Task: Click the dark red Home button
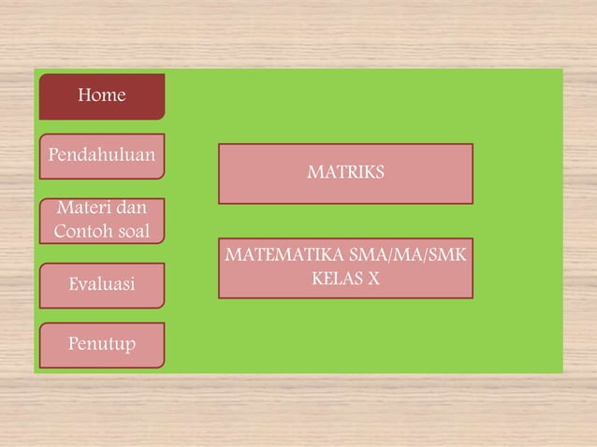(x=102, y=96)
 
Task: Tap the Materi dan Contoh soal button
(x=102, y=221)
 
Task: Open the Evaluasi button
(x=102, y=285)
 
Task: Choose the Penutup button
(x=102, y=345)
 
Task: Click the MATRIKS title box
(x=345, y=174)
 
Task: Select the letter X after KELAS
(x=372, y=279)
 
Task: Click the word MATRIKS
(x=345, y=173)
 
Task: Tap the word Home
(x=102, y=95)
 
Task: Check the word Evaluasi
(x=102, y=283)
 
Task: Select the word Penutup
(x=102, y=344)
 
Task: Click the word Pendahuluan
(x=102, y=153)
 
